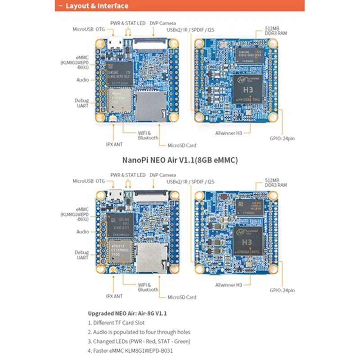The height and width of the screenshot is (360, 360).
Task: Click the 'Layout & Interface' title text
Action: (x=96, y=6)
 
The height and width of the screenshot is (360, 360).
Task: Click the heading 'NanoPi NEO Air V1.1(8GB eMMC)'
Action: (x=180, y=159)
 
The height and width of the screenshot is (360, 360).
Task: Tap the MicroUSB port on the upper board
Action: (x=113, y=44)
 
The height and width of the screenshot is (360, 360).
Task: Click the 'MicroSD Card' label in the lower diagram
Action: (x=181, y=297)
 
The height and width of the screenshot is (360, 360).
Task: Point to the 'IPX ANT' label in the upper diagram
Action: (x=114, y=144)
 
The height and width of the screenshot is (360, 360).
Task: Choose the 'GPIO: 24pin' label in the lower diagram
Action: (x=283, y=291)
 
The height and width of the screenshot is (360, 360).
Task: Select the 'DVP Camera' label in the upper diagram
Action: (x=162, y=23)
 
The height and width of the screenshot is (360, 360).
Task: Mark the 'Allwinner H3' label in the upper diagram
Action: (x=228, y=133)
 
